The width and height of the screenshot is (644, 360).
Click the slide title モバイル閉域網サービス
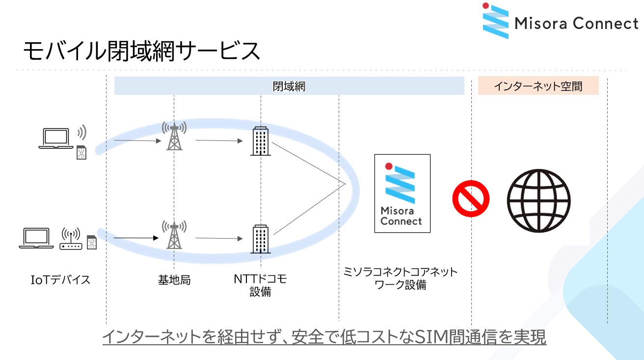pos(141,51)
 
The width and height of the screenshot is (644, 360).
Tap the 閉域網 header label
pos(289,86)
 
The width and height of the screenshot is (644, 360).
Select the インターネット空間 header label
pos(538,86)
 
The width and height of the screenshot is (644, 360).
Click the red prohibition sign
pos(471,198)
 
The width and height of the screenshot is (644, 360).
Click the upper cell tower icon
pos(174,136)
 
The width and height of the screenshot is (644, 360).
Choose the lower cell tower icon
pos(174,235)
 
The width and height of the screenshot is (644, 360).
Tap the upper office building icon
pos(260,141)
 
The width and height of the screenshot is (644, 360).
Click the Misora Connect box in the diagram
pos(402,194)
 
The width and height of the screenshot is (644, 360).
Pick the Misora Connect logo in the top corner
pos(560,22)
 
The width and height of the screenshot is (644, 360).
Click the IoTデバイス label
pos(60,280)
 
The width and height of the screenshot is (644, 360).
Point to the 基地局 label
pos(174,280)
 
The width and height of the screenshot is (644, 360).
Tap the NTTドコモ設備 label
pos(260,285)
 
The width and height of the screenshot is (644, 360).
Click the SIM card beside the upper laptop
pos(81,153)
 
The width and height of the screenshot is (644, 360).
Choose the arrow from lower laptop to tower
pos(136,238)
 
